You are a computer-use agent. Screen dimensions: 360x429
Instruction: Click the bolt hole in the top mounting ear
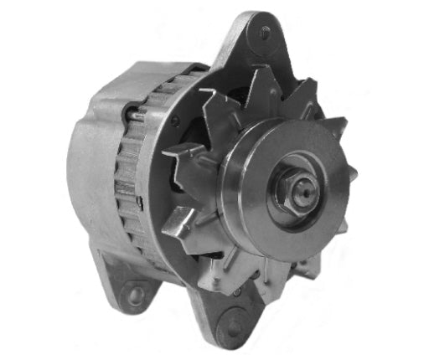click(x=265, y=33)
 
